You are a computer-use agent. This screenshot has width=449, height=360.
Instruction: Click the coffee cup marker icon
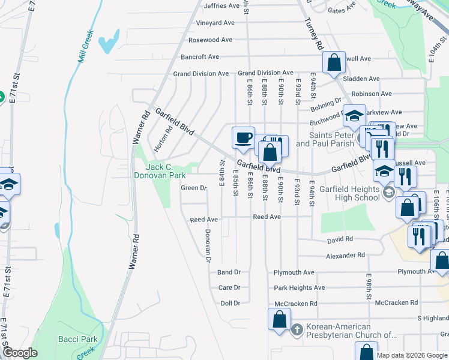pos(244,137)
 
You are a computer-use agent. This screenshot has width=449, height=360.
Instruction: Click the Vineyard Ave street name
pos(215,23)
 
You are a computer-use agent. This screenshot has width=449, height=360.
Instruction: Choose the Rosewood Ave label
pos(210,40)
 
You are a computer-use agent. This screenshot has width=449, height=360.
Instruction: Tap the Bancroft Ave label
pos(200,57)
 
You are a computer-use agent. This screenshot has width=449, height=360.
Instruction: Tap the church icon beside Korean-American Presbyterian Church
pos(297,329)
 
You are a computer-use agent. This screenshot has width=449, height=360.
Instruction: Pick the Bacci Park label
pos(77,339)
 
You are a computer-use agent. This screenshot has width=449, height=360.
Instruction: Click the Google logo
pos(20,353)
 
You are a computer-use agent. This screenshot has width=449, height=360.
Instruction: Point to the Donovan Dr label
pos(208,246)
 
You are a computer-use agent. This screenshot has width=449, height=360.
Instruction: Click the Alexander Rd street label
pos(345,255)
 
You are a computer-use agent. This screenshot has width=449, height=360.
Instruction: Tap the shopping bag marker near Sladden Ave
pos(334,62)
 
